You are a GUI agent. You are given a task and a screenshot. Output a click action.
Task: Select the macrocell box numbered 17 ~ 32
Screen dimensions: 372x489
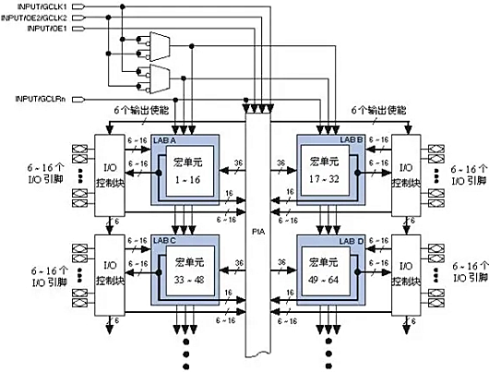[x=331, y=169]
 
